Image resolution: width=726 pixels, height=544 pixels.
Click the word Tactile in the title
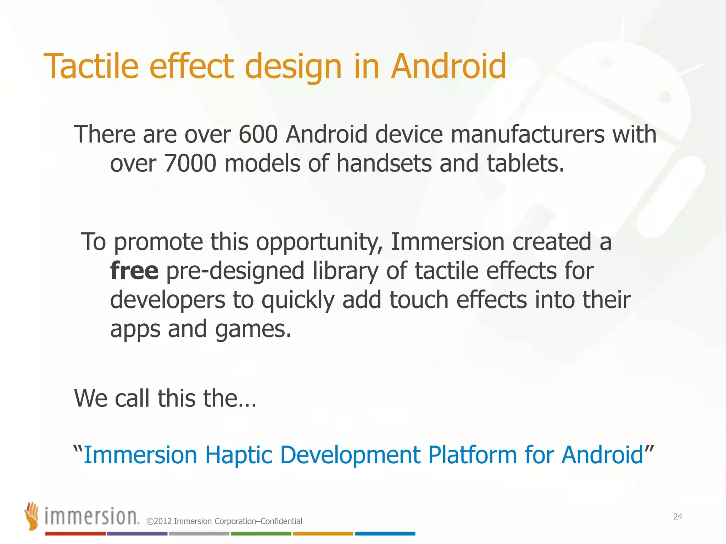[x=91, y=66]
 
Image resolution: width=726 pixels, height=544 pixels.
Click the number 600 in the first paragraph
[x=258, y=135]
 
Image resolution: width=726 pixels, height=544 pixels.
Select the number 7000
[x=190, y=164]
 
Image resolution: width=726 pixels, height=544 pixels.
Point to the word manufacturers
[x=527, y=135]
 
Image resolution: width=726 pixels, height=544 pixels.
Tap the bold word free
[x=134, y=271]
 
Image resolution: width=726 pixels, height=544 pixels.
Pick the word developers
[x=167, y=300]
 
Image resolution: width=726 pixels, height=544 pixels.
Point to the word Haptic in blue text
[x=239, y=455]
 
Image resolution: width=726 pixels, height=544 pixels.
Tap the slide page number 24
[x=677, y=517]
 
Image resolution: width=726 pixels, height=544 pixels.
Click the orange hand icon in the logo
[x=32, y=515]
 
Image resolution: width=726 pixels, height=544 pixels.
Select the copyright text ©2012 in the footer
[x=159, y=521]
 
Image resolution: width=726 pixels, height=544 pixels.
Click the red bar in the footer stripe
[x=75, y=534]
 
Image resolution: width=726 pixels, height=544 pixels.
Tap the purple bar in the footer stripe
[x=137, y=534]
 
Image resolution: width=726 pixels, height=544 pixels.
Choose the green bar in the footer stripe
[x=261, y=534]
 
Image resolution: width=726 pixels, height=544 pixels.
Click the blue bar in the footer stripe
[x=385, y=534]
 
